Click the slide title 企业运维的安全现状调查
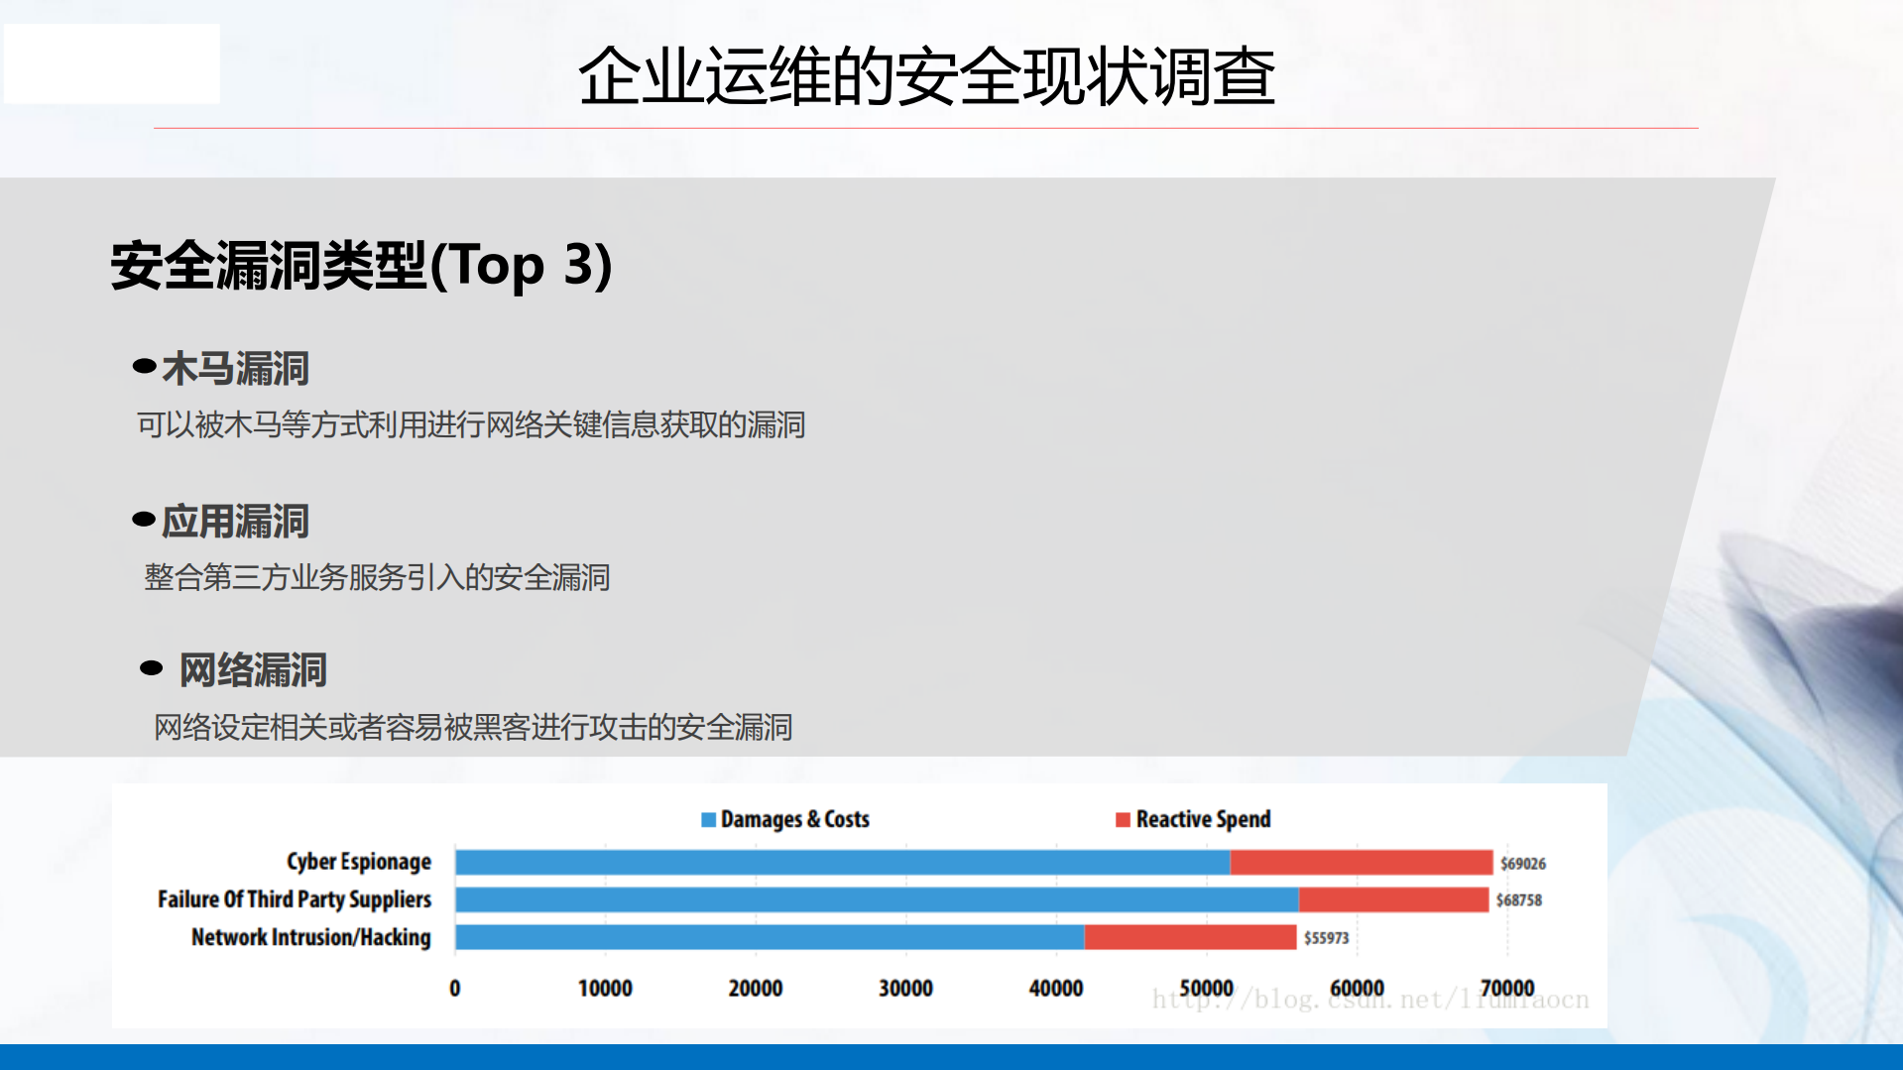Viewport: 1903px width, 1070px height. (x=926, y=76)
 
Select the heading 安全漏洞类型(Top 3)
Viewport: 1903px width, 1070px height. (x=361, y=266)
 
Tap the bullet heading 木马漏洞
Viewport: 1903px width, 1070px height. (x=235, y=369)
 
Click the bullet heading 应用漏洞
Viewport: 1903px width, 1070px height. (x=235, y=522)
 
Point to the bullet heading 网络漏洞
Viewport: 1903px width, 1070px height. (x=253, y=670)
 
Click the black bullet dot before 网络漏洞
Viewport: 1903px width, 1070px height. (x=151, y=668)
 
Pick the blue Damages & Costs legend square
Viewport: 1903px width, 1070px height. (x=708, y=819)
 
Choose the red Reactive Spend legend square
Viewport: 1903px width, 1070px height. (x=1123, y=819)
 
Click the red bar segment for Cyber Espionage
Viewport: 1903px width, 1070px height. (x=1361, y=862)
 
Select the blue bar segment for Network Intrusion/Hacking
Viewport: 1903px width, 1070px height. (x=770, y=937)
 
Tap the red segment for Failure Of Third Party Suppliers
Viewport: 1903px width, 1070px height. (x=1393, y=899)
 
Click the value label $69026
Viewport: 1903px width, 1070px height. (x=1522, y=864)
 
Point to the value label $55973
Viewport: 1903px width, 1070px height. (x=1326, y=938)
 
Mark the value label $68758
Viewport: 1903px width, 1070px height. (x=1518, y=900)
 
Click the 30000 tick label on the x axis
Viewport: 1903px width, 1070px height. (x=905, y=989)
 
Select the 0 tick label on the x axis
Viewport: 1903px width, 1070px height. (x=455, y=989)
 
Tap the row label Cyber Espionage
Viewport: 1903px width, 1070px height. (x=359, y=862)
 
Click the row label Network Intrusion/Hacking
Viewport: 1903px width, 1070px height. (x=311, y=937)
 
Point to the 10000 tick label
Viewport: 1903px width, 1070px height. (x=605, y=989)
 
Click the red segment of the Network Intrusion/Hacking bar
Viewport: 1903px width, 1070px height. (x=1190, y=937)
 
